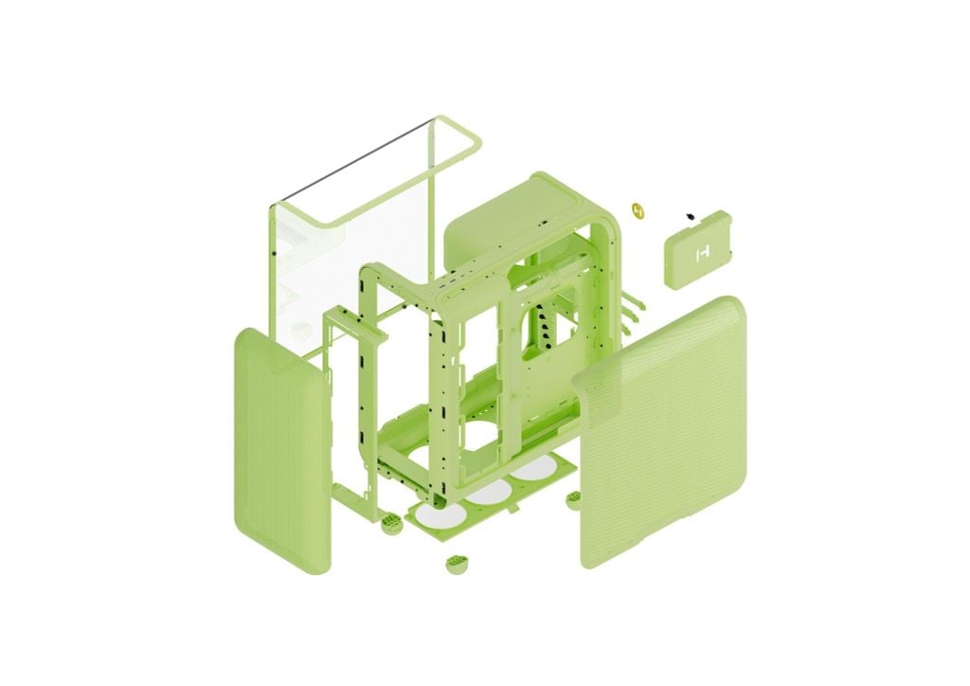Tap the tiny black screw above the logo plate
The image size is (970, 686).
click(x=691, y=217)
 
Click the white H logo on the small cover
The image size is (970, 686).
click(x=702, y=253)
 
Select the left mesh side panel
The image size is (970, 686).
click(x=280, y=450)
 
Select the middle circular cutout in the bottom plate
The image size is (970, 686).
click(x=488, y=493)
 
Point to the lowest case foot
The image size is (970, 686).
click(x=458, y=564)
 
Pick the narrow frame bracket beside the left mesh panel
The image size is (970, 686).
click(x=350, y=398)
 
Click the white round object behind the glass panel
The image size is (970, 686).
click(x=300, y=329)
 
